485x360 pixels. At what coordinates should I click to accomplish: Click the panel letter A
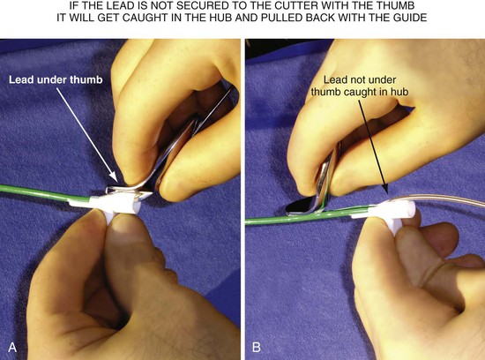pos(12,347)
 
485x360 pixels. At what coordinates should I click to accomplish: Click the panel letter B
pos(256,347)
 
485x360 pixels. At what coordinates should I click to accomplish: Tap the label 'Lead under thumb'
pos(56,79)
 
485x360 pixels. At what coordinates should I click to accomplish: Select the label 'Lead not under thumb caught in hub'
pos(360,86)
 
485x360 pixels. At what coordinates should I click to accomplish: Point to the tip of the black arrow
pos(385,192)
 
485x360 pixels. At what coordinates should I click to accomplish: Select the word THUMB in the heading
pos(397,5)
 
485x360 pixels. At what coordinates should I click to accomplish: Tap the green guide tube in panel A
pos(35,192)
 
